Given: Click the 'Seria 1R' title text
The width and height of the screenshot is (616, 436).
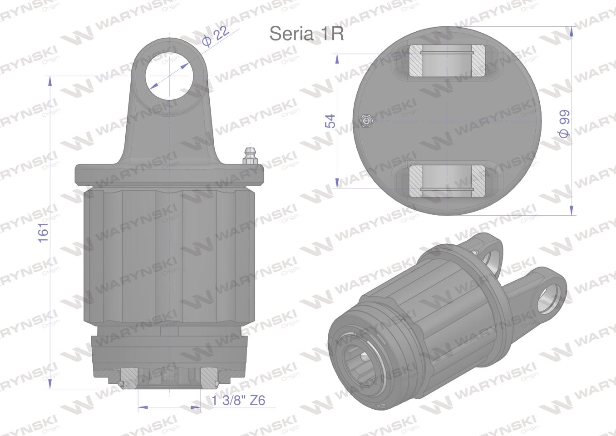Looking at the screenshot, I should point(306,33).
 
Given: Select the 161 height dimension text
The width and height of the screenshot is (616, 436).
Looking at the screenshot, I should point(43,233).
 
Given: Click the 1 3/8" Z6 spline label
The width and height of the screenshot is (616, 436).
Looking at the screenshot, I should point(238,401).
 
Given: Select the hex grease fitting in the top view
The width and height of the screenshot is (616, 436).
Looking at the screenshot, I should point(365,121).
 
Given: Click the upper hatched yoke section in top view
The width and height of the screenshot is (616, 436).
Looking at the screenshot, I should point(447,61).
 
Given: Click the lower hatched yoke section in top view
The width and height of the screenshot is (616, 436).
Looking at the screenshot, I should point(447,181).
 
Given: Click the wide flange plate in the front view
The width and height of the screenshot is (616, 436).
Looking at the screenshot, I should point(170,174).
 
